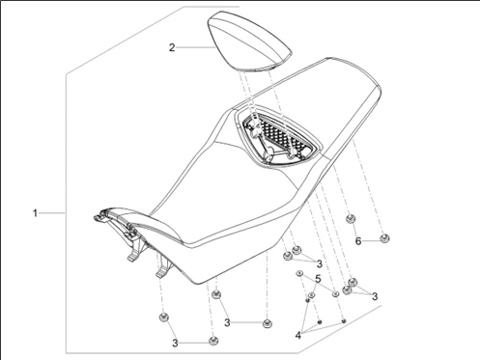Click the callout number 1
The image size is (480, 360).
tap(35, 213)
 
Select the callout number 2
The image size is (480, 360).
tap(172, 47)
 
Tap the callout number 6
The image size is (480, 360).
tap(358, 240)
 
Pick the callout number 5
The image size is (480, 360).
tap(318, 279)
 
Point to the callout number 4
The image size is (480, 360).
tap(298, 335)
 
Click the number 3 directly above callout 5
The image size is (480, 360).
tap(320, 263)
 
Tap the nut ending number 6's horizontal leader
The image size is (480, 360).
tap(384, 238)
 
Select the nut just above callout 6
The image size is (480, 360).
tap(351, 219)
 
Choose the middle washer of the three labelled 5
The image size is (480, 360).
tap(312, 295)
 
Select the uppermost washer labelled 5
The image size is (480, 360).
tap(299, 273)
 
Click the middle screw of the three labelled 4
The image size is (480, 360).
tap(320, 322)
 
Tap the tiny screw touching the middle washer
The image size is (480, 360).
tap(307, 300)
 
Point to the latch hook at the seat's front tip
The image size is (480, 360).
tap(99, 217)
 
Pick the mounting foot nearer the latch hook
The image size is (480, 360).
tap(135, 251)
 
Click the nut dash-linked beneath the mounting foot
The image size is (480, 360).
tap(164, 318)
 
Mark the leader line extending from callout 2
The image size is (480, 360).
tap(195, 47)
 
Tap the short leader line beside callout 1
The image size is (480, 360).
tap(52, 213)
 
